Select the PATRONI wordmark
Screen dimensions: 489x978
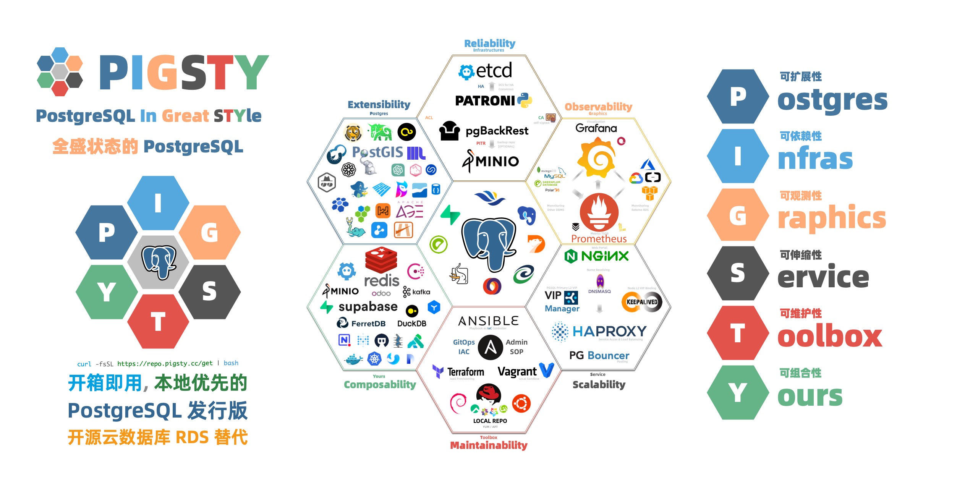pyautogui.click(x=485, y=101)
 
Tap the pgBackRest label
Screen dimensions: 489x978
pyautogui.click(x=497, y=131)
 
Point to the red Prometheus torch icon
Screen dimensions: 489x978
pyautogui.click(x=599, y=212)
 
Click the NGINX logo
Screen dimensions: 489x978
pyautogui.click(x=596, y=256)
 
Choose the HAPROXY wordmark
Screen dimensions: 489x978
pyautogui.click(x=609, y=331)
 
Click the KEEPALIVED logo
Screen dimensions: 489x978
pyautogui.click(x=642, y=302)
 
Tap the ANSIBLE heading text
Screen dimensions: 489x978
pyautogui.click(x=488, y=321)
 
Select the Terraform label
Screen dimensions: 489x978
pyautogui.click(x=465, y=372)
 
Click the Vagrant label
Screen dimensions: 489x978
pyautogui.click(x=517, y=372)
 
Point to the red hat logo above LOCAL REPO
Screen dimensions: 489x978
pyautogui.click(x=488, y=393)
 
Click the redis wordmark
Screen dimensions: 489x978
pyautogui.click(x=381, y=281)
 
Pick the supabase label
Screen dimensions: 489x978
pyautogui.click(x=368, y=307)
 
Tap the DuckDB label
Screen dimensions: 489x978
pyautogui.click(x=411, y=324)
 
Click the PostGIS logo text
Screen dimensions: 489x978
pyautogui.click(x=377, y=152)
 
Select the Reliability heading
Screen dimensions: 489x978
pyautogui.click(x=489, y=43)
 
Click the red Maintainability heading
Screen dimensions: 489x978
pyautogui.click(x=489, y=445)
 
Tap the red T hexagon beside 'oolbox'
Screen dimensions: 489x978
pyautogui.click(x=737, y=333)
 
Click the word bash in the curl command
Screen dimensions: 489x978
pyautogui.click(x=231, y=363)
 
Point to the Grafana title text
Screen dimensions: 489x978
pyautogui.click(x=596, y=128)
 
